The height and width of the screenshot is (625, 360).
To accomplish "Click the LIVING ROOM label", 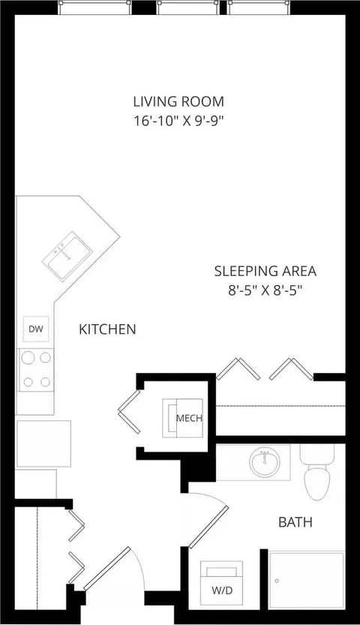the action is (x=178, y=101).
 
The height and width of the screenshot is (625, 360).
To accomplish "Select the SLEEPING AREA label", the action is (x=265, y=271).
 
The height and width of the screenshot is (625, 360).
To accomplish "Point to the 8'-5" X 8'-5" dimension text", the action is (x=262, y=290).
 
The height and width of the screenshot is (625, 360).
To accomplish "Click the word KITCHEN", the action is (x=107, y=329).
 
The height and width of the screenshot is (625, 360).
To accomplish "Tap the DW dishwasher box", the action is (x=36, y=329).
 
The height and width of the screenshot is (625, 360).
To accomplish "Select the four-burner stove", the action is (x=36, y=370).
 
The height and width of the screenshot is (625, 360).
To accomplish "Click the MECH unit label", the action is (x=189, y=418).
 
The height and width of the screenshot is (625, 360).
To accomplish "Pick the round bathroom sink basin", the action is (x=264, y=462).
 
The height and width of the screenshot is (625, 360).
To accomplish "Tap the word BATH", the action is (x=295, y=522).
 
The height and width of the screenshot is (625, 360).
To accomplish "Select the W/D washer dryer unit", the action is (x=221, y=584).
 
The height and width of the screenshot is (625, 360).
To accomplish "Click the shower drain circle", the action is (x=277, y=581).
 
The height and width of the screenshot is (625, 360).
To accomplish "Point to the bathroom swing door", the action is (x=208, y=527).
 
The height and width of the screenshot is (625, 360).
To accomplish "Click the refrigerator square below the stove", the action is (x=43, y=443).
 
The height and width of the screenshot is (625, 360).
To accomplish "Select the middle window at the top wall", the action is (x=188, y=8).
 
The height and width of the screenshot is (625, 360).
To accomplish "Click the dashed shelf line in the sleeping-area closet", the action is (x=280, y=406).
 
